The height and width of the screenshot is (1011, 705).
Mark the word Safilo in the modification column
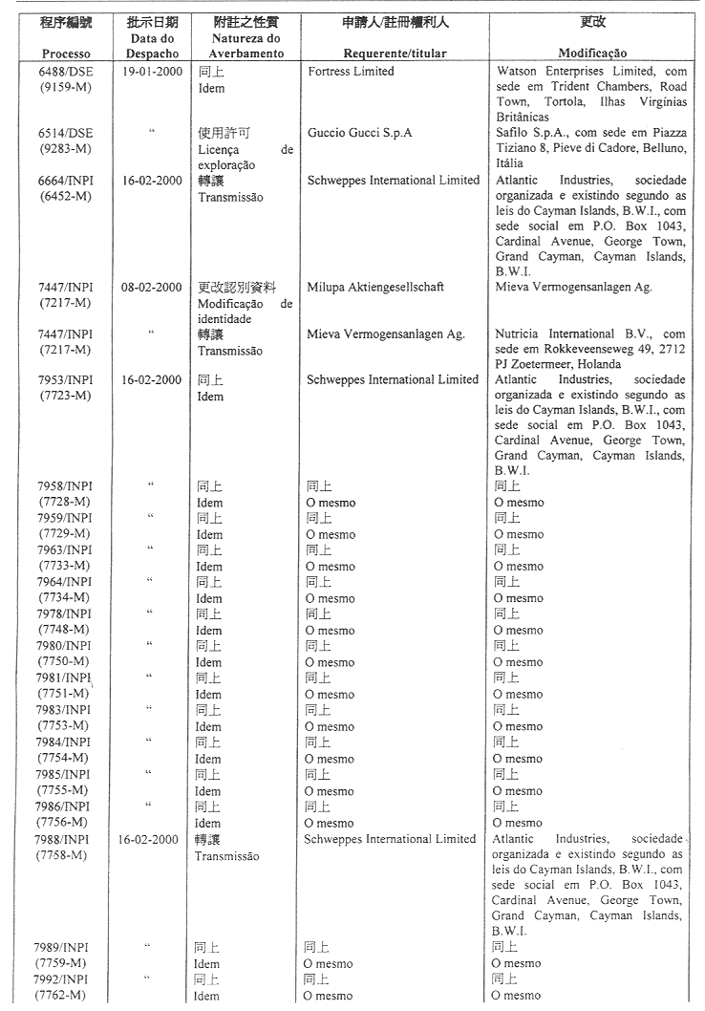(x=514, y=133)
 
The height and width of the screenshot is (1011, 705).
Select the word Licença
(x=216, y=150)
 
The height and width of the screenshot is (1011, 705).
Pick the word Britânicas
(x=525, y=118)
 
